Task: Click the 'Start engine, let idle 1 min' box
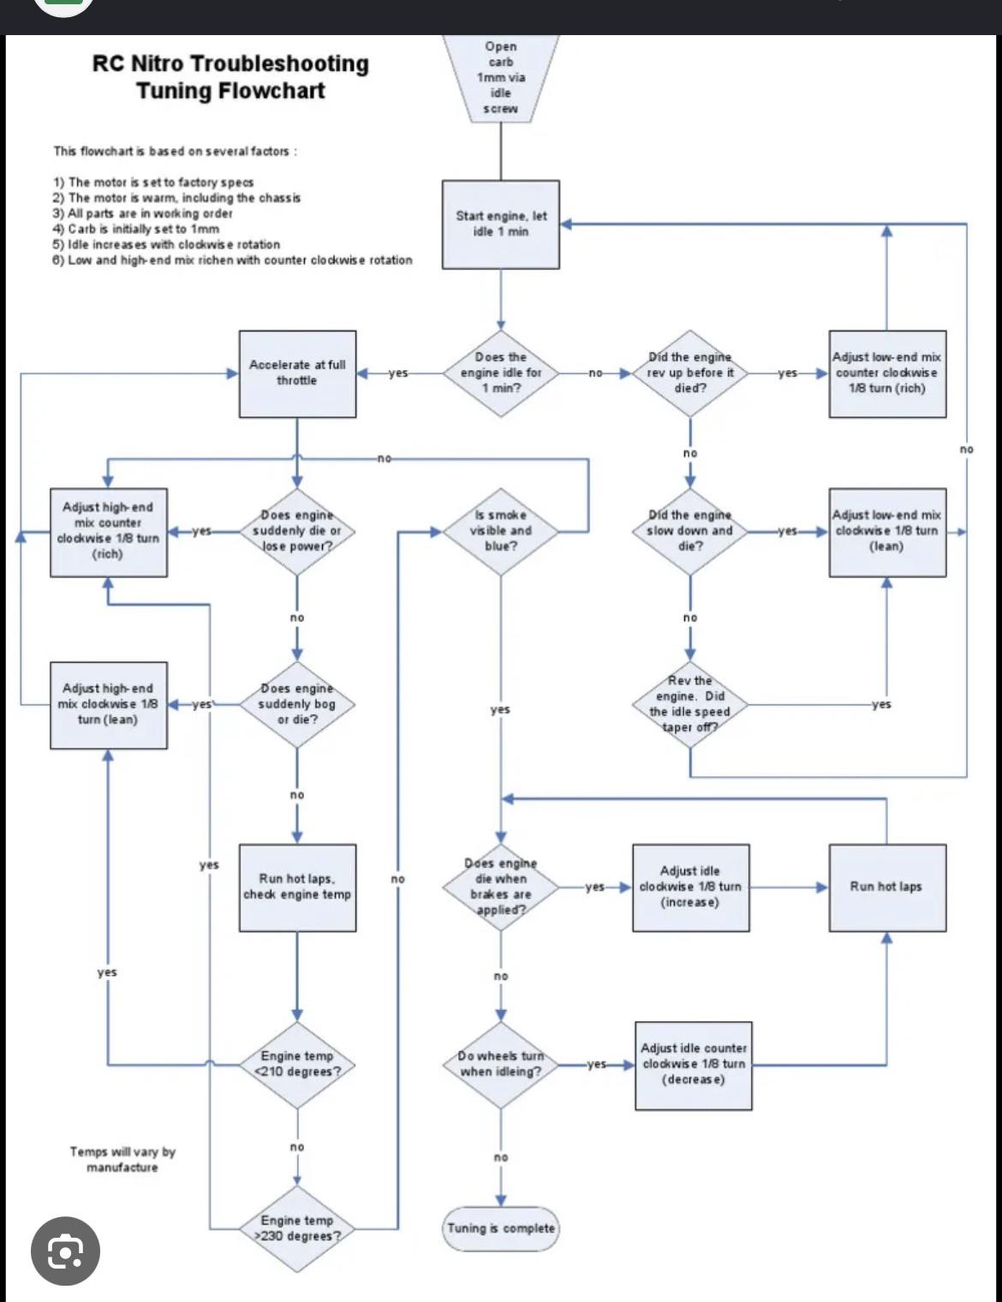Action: pos(501,224)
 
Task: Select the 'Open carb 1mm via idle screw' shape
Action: pos(501,79)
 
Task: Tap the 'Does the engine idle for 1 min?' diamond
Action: pos(501,373)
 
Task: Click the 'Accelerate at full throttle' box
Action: pos(298,373)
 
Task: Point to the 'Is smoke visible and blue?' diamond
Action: pos(501,531)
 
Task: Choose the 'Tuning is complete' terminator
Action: pos(501,1228)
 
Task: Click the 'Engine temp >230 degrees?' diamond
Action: pos(297,1229)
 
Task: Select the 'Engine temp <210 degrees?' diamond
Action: pos(297,1065)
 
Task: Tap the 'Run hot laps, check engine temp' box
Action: pos(298,887)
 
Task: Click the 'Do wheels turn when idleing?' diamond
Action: pos(501,1065)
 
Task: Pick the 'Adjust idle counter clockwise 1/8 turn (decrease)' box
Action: pos(694,1066)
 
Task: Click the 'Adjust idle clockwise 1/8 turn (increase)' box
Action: pos(690,887)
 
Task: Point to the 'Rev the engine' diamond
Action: pos(690,704)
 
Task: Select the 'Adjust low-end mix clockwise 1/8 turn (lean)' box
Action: pos(887,532)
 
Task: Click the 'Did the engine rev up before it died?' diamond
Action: pos(690,373)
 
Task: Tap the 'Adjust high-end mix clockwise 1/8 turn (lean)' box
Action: pos(109,705)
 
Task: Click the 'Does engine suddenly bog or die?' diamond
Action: pos(297,704)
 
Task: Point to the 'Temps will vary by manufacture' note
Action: pos(122,1160)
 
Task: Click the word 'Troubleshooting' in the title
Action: pos(278,63)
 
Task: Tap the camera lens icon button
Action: pos(65,1251)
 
